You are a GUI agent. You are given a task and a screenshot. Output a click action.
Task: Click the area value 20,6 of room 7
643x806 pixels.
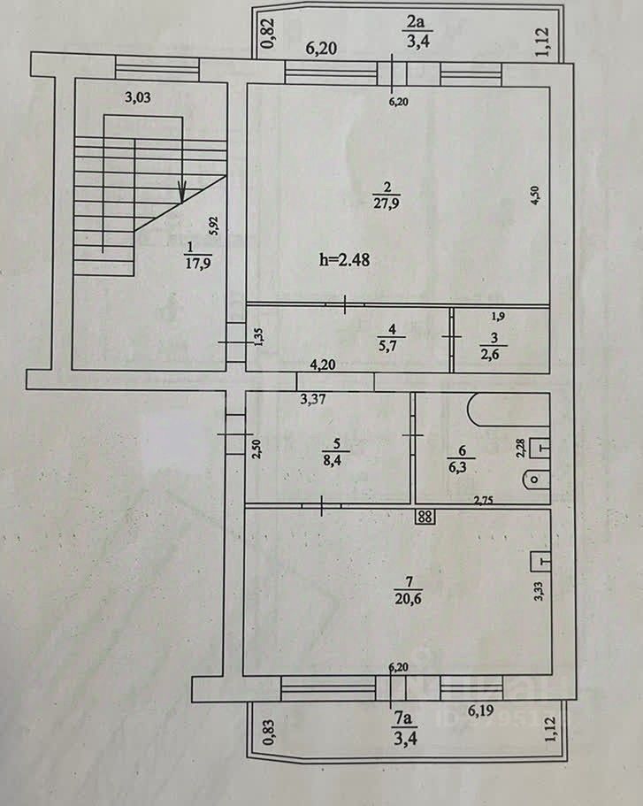[x=409, y=599]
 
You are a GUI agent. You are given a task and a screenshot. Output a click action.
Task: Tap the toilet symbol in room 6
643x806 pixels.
[x=535, y=480]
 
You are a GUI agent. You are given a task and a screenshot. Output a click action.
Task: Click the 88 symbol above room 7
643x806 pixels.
[x=425, y=518]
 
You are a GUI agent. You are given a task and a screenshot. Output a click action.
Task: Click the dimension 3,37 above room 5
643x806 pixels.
[x=315, y=399]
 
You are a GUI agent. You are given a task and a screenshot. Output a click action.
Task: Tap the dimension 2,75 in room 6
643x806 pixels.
[x=482, y=501]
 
